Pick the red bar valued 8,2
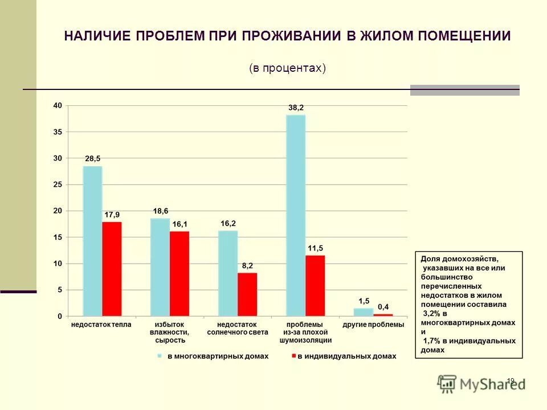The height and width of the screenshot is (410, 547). tap(247, 294)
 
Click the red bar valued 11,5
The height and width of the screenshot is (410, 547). tap(315, 285)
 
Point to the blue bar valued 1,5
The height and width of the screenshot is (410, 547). tap(363, 312)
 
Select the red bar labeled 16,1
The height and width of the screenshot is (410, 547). tap(179, 273)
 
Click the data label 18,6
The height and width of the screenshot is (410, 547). tap(161, 211)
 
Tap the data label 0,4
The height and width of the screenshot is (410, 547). tap(383, 307)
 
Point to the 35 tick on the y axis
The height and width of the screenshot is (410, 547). tap(58, 132)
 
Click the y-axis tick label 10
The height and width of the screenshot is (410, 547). tap(58, 264)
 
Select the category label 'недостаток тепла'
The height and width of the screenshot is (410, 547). tap(101, 325)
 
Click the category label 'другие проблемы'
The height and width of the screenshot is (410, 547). tap(373, 325)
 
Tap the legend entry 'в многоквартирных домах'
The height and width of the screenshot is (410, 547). tap(217, 356)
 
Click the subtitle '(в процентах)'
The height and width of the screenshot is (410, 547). tap(287, 68)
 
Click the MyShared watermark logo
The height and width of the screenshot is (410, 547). tap(481, 384)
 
